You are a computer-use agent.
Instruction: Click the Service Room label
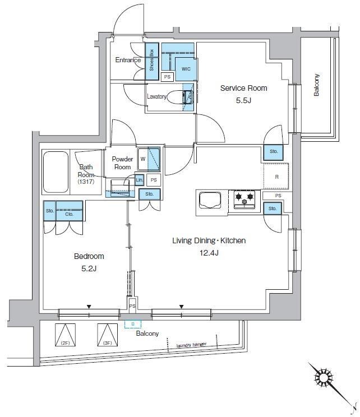(x=243, y=88)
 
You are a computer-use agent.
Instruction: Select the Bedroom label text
(x=89, y=256)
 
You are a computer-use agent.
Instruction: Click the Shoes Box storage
(x=150, y=62)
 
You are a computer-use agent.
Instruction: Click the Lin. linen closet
(x=139, y=179)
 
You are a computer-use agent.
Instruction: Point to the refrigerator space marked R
(x=276, y=177)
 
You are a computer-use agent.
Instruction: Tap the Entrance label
(x=128, y=60)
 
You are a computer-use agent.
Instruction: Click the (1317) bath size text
(x=87, y=182)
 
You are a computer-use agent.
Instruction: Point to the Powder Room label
(x=122, y=163)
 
